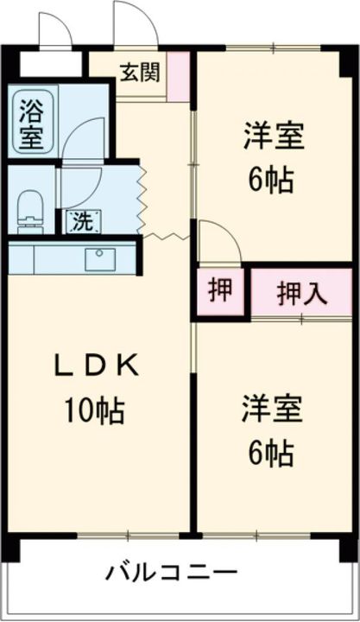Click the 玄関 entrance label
pos(139,72)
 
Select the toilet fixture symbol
pos(30,210)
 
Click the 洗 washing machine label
pos(81,221)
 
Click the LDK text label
pos(96,367)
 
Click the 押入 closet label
pos(301,293)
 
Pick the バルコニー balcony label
pos(172,572)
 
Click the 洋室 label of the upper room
pos(272,138)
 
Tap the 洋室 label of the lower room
pos(272,409)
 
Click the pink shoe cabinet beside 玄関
pos(179,75)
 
